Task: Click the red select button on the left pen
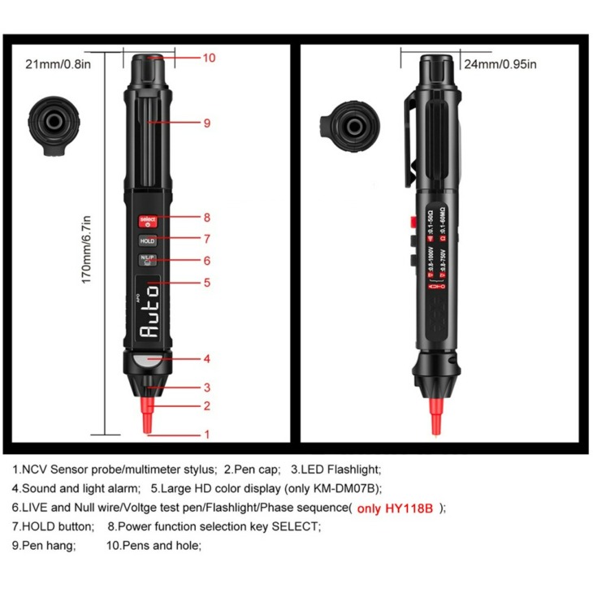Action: (148, 219)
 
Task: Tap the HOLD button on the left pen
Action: (148, 240)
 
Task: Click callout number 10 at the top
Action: (209, 58)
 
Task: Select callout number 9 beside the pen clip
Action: (207, 123)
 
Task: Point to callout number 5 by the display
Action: (207, 283)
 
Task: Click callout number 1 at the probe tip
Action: (207, 434)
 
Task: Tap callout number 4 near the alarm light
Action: (207, 358)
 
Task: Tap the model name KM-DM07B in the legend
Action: (347, 488)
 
